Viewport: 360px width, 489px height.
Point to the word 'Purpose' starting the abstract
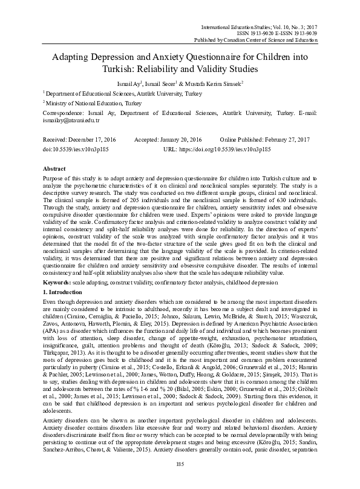(x=54, y=180)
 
